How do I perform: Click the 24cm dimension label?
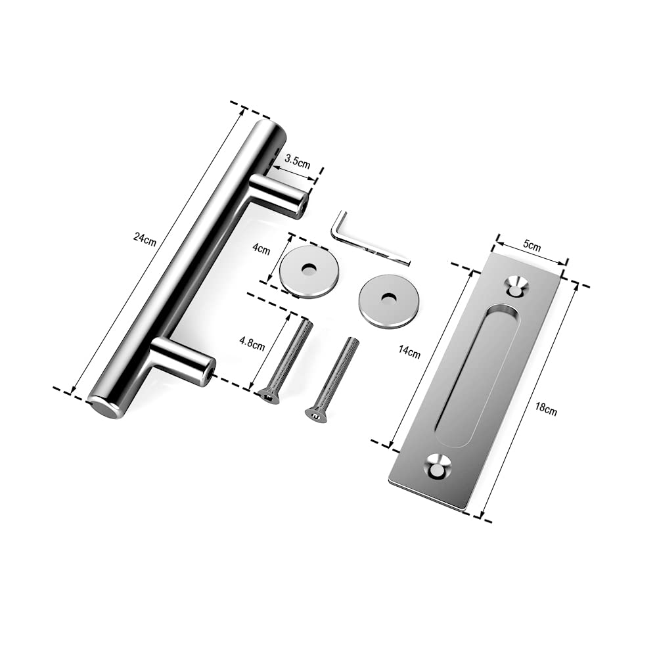145,239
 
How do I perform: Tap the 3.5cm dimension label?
298,162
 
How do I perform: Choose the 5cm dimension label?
532,246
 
